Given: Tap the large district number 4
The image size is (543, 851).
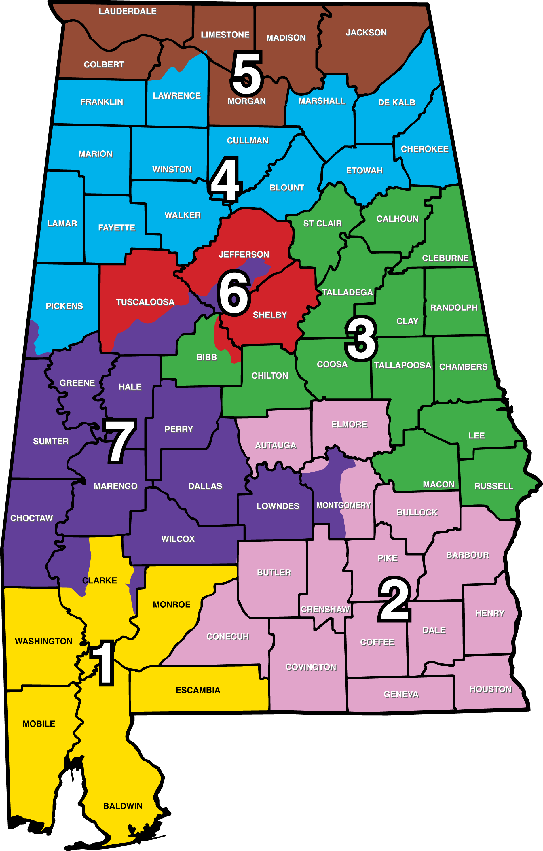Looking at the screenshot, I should coord(226,180).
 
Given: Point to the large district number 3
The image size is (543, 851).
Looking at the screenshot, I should coord(361,338).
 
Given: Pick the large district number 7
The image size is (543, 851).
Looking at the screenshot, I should coord(120,441).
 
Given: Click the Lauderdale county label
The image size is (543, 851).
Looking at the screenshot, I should coord(128,11).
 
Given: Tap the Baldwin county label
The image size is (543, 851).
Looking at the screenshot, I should coord(123,806).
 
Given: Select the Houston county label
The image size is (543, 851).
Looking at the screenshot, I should coord(490,689).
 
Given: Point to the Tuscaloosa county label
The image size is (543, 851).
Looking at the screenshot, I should coord(145,302).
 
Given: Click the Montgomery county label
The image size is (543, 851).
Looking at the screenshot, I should coord(343,505).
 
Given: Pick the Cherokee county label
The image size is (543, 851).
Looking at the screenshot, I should coord(425,149).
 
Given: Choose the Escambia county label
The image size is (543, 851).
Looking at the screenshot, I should coord(198,690).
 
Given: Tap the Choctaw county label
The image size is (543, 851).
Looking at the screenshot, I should coord(31,518).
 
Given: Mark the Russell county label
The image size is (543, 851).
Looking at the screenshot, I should coord(493,486).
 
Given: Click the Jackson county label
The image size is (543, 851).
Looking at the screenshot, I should coord(366,33).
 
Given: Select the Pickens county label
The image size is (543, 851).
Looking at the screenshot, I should coord(64,306).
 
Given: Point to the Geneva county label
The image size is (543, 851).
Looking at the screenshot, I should coord(401,695).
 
